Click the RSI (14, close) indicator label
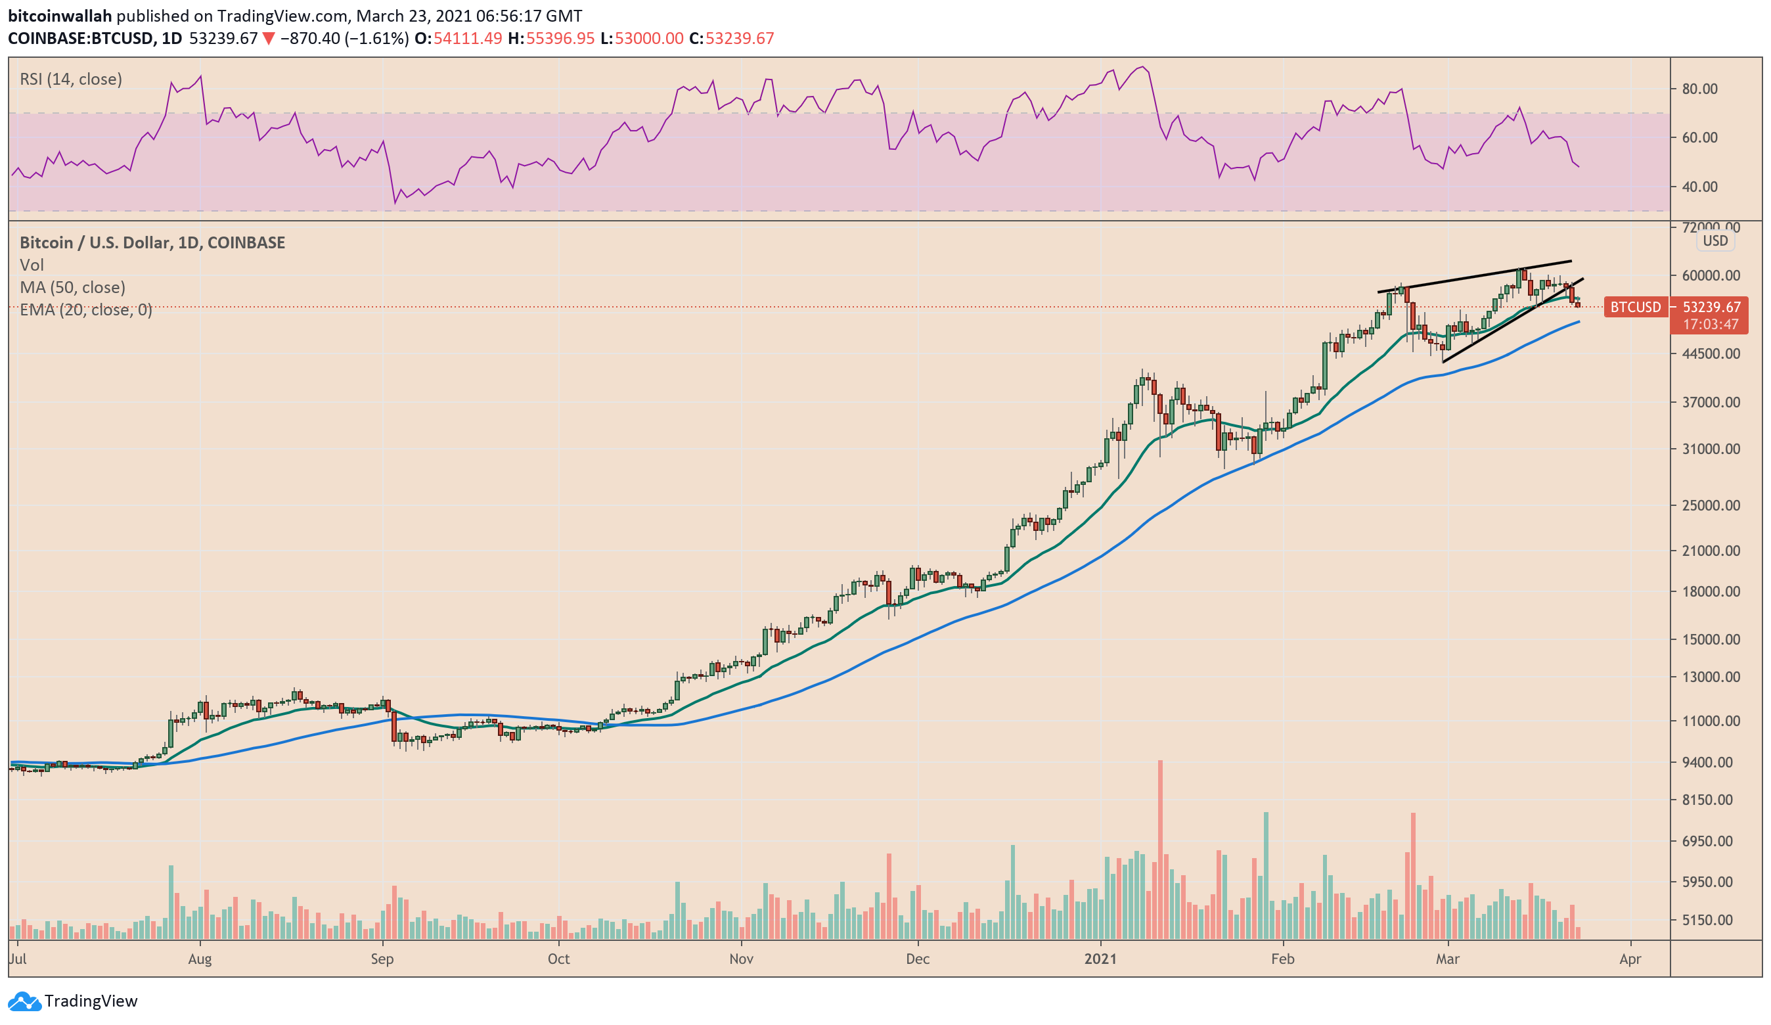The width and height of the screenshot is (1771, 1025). click(x=70, y=79)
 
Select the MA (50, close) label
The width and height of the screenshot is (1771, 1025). click(x=72, y=287)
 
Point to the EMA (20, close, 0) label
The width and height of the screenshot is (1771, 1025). click(x=86, y=309)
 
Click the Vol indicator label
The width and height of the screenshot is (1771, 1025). click(x=32, y=265)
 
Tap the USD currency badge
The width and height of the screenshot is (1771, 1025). click(x=1715, y=240)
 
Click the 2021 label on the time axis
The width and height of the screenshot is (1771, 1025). click(x=1100, y=959)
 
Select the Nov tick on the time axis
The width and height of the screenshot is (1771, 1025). click(x=741, y=959)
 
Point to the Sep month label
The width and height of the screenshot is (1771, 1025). click(x=382, y=959)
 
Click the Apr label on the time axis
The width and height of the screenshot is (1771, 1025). click(x=1630, y=959)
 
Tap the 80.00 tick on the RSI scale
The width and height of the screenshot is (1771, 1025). click(x=1699, y=89)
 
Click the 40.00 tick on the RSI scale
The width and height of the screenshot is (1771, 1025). click(x=1699, y=187)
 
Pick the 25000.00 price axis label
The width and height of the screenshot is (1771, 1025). click(x=1711, y=505)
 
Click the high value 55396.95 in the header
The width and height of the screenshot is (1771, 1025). click(x=560, y=38)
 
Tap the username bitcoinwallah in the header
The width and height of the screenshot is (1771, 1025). click(x=60, y=16)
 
